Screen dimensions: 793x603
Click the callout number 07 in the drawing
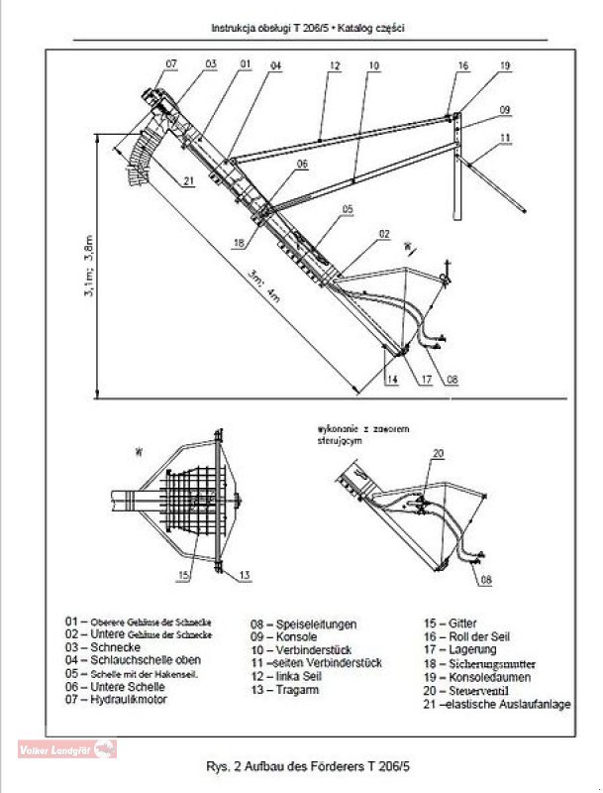click(x=170, y=63)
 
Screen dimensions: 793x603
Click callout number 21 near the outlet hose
click(x=188, y=179)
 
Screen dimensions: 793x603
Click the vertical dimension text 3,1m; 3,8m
click(x=88, y=267)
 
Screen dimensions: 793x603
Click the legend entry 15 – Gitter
click(x=449, y=624)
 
